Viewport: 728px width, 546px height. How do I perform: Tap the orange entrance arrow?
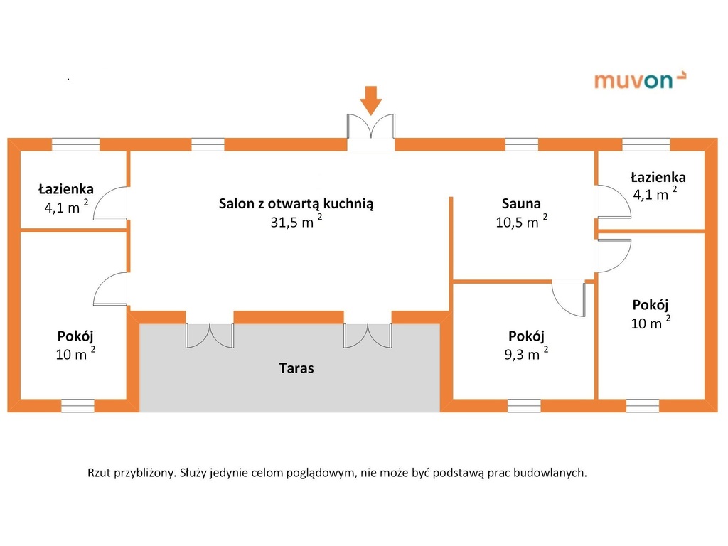pos(370,100)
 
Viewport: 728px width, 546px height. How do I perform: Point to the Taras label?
pos(296,368)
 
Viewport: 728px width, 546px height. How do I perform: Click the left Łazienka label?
pos(66,189)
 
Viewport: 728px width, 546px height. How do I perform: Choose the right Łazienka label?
pos(658,177)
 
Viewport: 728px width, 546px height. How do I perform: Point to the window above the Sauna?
pos(521,144)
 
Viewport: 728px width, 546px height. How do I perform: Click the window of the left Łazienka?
pos(75,144)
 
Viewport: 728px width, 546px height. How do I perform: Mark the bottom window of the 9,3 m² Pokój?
pos(525,405)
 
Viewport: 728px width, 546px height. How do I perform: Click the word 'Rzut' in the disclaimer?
pos(100,473)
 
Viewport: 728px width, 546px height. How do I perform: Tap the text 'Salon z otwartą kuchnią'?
pos(296,203)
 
